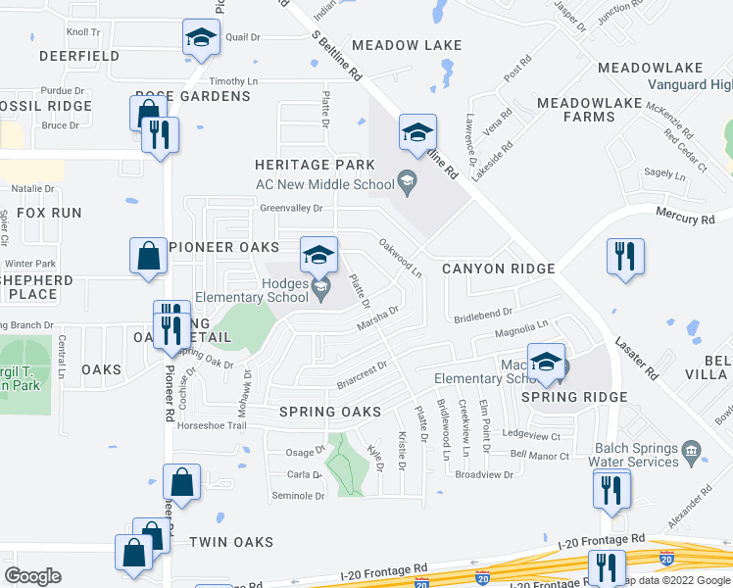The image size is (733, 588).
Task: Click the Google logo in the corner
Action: point(32,576)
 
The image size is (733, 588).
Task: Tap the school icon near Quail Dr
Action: point(201,39)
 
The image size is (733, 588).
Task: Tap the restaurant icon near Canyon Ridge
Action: point(625,258)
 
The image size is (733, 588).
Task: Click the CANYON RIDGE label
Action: point(498,269)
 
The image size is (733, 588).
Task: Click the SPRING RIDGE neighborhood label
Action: point(574,397)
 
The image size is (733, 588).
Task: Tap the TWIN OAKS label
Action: point(231,542)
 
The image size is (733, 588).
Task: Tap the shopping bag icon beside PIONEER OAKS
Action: point(147,257)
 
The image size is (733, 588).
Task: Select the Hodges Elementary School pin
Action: point(318,285)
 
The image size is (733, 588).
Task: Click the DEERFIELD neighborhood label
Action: point(78,56)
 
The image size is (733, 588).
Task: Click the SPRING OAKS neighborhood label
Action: point(328,413)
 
